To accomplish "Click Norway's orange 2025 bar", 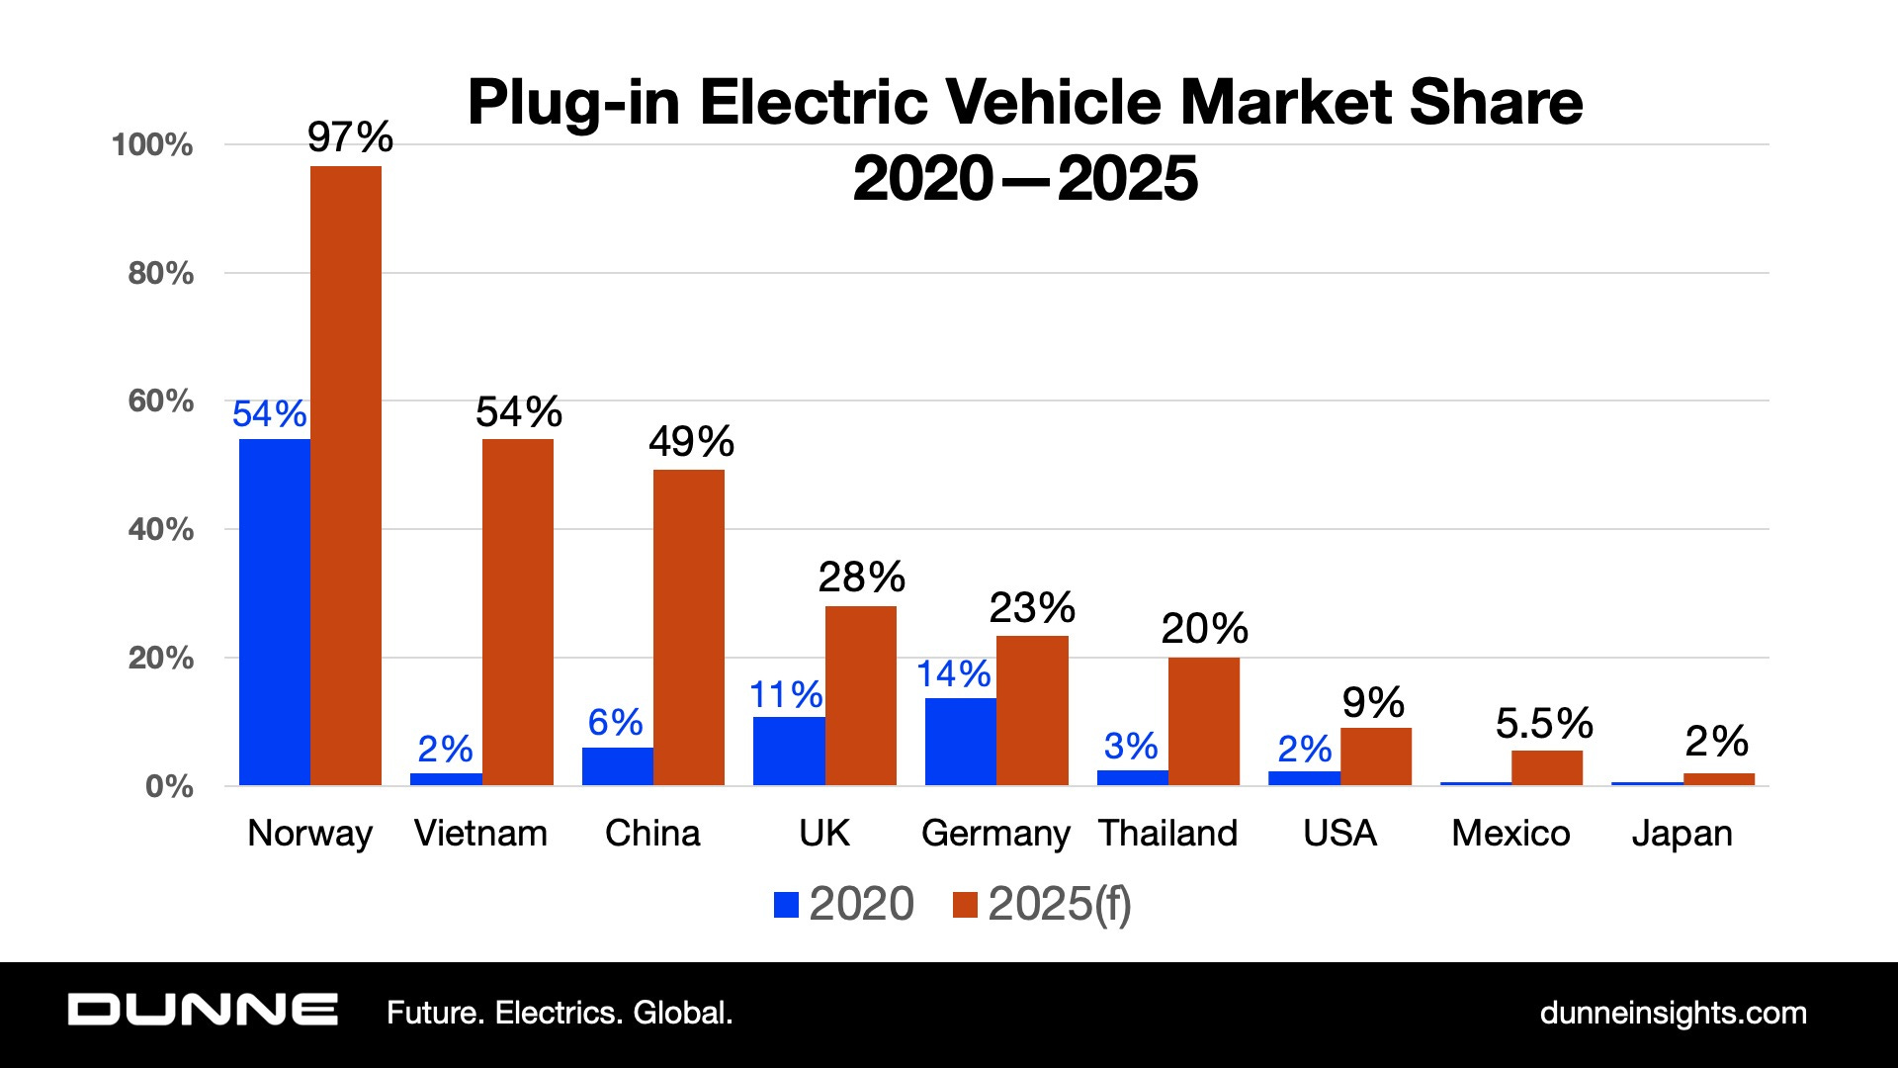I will pyautogui.click(x=345, y=475).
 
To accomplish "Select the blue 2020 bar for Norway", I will pyautogui.click(x=274, y=612).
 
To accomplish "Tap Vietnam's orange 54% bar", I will pyautogui.click(x=517, y=612).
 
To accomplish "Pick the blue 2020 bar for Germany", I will pyautogui.click(x=960, y=742).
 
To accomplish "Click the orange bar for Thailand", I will pyautogui.click(x=1203, y=721).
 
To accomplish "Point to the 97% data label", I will pyautogui.click(x=350, y=137).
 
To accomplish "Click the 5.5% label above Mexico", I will pyautogui.click(x=1544, y=723).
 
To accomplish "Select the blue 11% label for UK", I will pyautogui.click(x=786, y=695).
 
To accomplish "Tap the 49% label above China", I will pyautogui.click(x=691, y=441).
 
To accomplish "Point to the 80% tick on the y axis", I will pyautogui.click(x=160, y=273).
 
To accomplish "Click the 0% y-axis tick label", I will pyautogui.click(x=169, y=786).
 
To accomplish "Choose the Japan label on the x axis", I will pyautogui.click(x=1682, y=834).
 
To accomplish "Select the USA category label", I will pyautogui.click(x=1339, y=834).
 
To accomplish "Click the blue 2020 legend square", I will pyautogui.click(x=786, y=905).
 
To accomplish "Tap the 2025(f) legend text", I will pyautogui.click(x=1059, y=904).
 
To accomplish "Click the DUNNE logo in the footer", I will pyautogui.click(x=203, y=1011).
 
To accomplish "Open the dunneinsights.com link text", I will pyautogui.click(x=1673, y=1013).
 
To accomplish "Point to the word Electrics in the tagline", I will pyautogui.click(x=559, y=1013).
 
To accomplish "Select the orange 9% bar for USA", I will pyautogui.click(x=1375, y=756).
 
